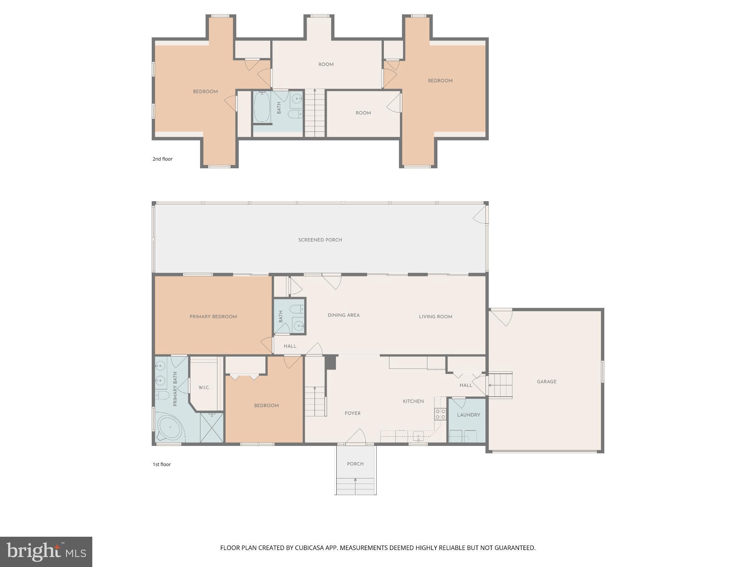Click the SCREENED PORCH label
320,240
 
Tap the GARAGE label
546,382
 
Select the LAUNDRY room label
468,415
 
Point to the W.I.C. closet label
204,388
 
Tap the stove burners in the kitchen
440,414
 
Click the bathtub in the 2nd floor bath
262,106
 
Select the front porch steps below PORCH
355,486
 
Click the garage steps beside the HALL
501,385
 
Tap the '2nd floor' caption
162,159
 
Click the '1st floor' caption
162,464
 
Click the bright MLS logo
46,552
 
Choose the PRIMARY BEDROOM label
213,317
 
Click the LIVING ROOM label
435,317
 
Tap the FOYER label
352,413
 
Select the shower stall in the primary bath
212,427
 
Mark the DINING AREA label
343,315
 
